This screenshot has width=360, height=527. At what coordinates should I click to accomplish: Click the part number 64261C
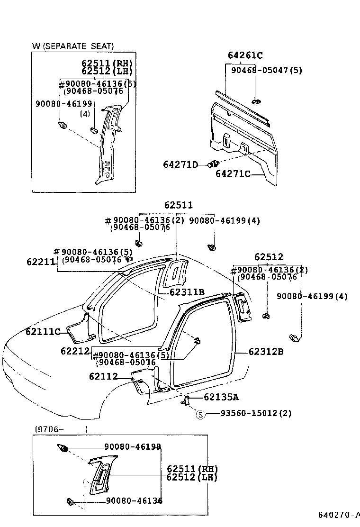pos(244,56)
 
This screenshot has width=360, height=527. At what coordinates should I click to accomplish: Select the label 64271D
pos(180,164)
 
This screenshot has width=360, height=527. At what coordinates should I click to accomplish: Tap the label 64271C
pos(233,174)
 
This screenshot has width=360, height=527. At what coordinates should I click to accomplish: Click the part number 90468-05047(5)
pos(266,70)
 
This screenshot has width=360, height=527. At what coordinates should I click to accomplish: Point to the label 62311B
pos(187,292)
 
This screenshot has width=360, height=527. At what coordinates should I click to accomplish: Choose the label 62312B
pos(266,352)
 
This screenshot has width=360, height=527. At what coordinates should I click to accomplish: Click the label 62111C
pos(43,332)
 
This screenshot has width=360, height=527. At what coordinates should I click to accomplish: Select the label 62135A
pos(221,397)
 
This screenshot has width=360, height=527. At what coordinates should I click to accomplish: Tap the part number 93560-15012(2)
pos(256,414)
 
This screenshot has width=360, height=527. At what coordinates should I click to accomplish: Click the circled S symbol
pos(200,414)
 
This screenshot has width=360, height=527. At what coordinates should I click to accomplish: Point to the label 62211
pos(41,261)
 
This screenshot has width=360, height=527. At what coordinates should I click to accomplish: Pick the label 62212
pos(75,351)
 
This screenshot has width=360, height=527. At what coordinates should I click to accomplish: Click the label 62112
pos(103,377)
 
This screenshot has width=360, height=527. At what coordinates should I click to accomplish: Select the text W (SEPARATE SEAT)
pos(73,46)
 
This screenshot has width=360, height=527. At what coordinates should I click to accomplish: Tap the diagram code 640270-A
pos(338,515)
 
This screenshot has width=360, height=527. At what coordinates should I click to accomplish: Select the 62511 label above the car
pos(179,206)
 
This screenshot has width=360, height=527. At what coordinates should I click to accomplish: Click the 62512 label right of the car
pos(269,257)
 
